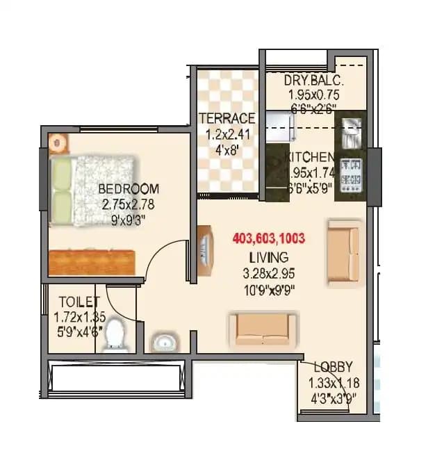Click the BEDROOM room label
(x=128, y=188)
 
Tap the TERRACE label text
(x=227, y=118)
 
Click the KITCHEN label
(x=311, y=157)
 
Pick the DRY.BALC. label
(x=314, y=80)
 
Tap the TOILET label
(x=79, y=302)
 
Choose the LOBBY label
(x=332, y=367)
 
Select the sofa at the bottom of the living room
(x=262, y=329)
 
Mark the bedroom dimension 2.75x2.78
(x=127, y=204)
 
